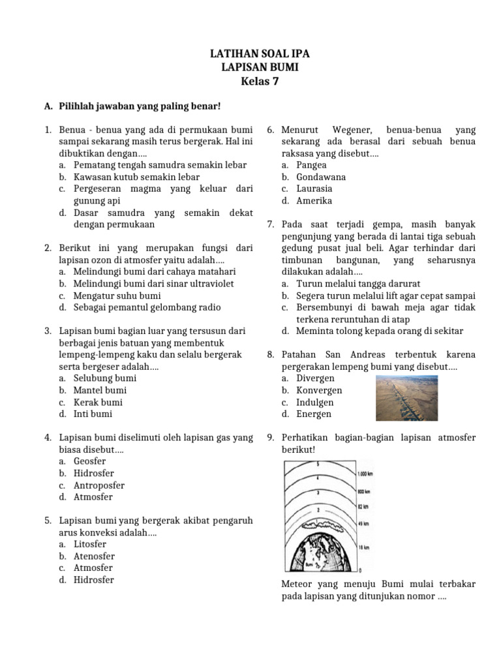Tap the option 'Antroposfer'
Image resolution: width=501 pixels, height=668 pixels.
click(99, 485)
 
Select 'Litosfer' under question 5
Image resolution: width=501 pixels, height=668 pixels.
click(90, 544)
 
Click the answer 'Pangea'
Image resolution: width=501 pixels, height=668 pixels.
click(312, 165)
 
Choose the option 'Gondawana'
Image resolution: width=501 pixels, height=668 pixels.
click(321, 177)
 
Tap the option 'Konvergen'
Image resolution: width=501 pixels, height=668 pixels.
click(319, 390)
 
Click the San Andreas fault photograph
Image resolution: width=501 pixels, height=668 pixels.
click(411, 398)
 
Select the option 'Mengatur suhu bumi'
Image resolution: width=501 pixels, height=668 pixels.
click(108, 296)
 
